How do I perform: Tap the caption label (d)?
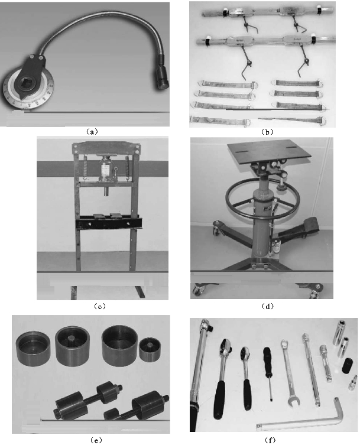(x=268, y=306)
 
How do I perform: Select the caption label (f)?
(x=270, y=440)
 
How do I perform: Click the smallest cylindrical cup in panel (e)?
(x=150, y=349)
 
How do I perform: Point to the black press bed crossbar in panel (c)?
(x=108, y=223)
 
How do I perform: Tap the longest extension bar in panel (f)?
(x=311, y=369)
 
